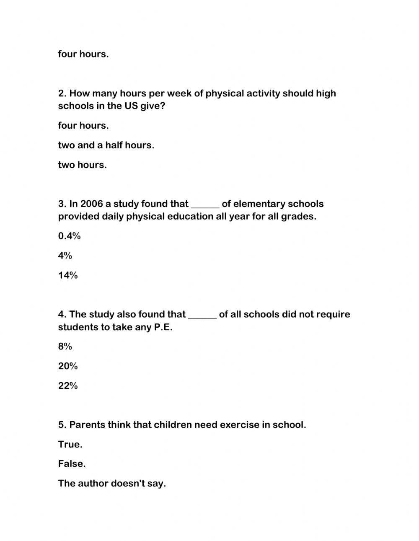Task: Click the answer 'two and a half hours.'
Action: pos(106,145)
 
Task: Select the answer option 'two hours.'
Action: pos(83,165)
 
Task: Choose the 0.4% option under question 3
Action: pos(69,236)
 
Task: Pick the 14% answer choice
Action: pos(68,275)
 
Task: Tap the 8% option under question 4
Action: pos(65,347)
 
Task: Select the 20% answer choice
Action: pos(68,366)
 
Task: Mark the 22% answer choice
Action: pos(68,386)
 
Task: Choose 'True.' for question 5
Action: pos(70,445)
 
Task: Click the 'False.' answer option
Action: pos(72,464)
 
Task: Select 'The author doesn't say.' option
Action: pos(112,484)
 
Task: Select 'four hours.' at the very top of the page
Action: pos(83,54)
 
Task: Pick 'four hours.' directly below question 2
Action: pos(83,126)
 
